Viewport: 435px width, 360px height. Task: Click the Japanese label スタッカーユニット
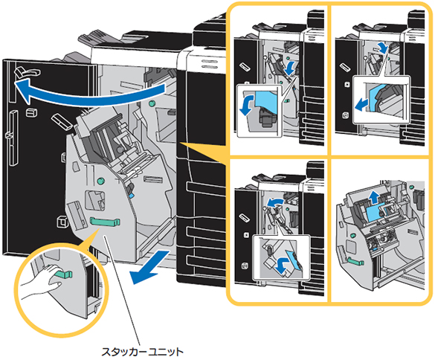coord(142,351)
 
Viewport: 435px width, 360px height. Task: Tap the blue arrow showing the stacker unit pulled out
coord(149,267)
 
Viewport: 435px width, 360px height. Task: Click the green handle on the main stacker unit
coord(105,221)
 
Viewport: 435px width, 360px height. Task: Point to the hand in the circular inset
coord(45,281)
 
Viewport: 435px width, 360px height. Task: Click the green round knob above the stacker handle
coord(100,181)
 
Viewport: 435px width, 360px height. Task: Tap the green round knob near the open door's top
coord(152,104)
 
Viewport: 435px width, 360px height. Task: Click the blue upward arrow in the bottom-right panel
coord(375,197)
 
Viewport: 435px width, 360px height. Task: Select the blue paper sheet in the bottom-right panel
coord(377,213)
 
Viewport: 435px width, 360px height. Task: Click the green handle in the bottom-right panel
coord(355,261)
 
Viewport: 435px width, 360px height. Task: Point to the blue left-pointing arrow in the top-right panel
coord(362,105)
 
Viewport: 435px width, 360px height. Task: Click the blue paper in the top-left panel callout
coord(265,102)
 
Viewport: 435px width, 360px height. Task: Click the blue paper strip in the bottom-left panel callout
coord(294,259)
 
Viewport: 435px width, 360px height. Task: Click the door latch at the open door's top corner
coord(28,72)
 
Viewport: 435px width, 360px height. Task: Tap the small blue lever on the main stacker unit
coord(132,196)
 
